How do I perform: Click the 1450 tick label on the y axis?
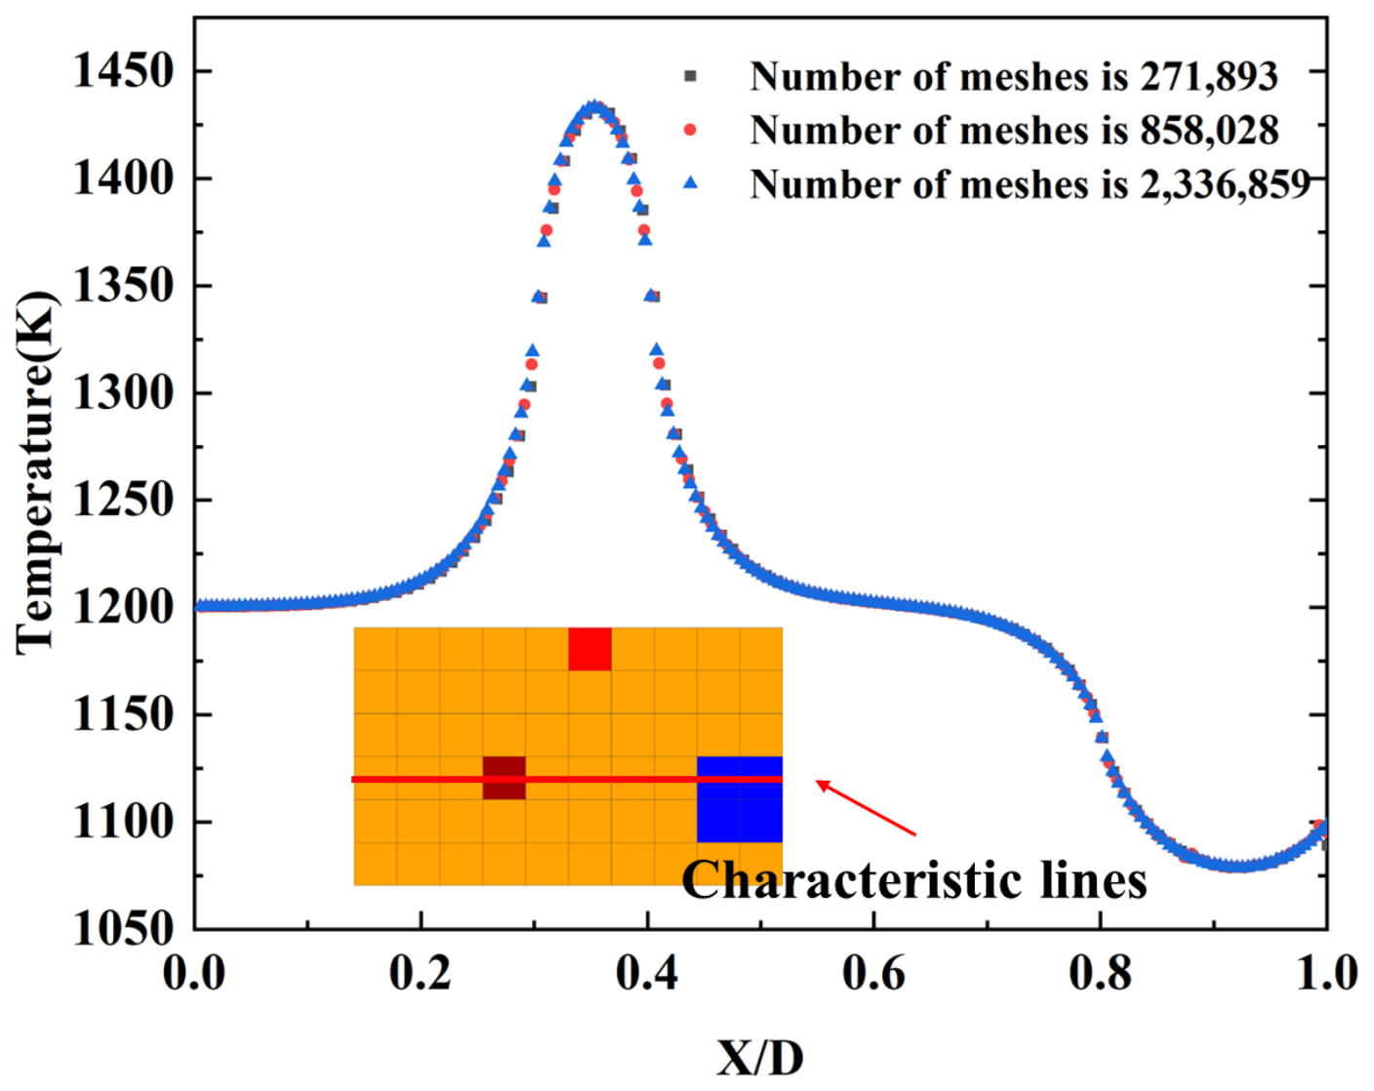(123, 71)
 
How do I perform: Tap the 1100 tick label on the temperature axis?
(123, 823)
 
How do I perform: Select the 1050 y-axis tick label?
(123, 929)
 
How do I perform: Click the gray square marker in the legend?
(690, 77)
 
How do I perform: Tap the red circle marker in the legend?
(690, 130)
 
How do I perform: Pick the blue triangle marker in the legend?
(690, 183)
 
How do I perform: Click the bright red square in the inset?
(590, 649)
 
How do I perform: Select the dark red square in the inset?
(505, 778)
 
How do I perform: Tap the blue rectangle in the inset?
(740, 800)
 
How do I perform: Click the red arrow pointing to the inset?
(867, 808)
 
